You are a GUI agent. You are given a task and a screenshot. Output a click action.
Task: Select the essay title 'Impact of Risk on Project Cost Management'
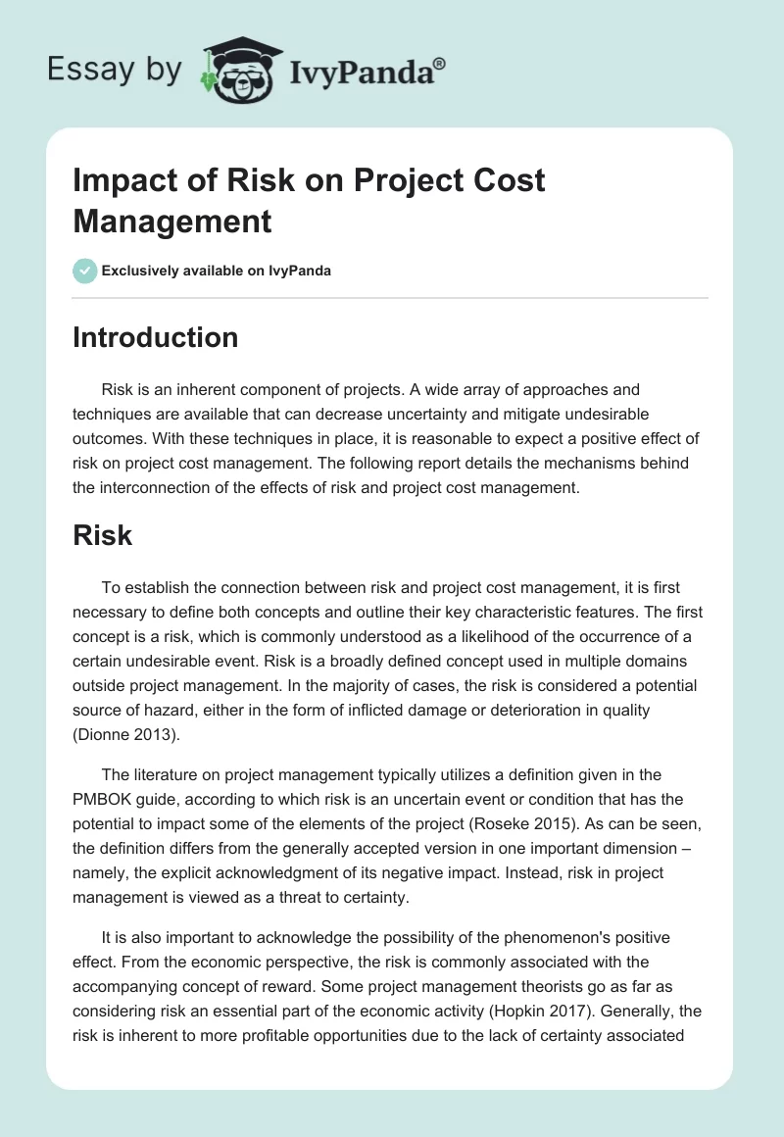click(309, 201)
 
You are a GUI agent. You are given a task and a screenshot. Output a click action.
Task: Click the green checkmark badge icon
click(84, 271)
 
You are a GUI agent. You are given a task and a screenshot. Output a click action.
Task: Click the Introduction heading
click(155, 337)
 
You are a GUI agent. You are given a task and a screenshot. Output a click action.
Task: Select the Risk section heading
click(103, 535)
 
